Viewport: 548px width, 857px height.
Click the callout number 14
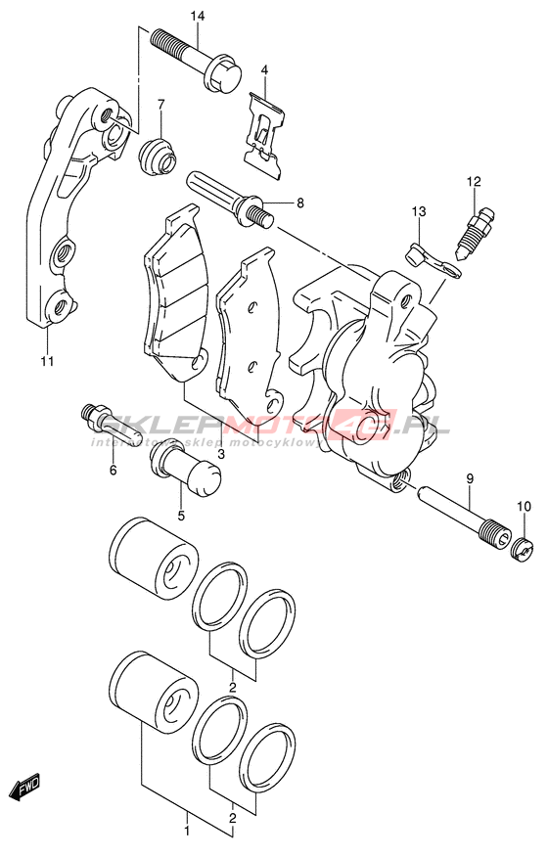198,17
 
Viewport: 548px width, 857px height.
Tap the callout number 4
264,70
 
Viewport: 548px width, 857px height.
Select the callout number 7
160,105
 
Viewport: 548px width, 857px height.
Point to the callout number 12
474,181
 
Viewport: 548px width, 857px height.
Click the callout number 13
419,211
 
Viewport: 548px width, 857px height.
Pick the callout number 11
47,361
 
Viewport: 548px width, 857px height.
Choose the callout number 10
524,507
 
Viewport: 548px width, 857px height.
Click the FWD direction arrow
25,789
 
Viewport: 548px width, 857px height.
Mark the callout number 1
187,833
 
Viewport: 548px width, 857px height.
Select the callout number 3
221,453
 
